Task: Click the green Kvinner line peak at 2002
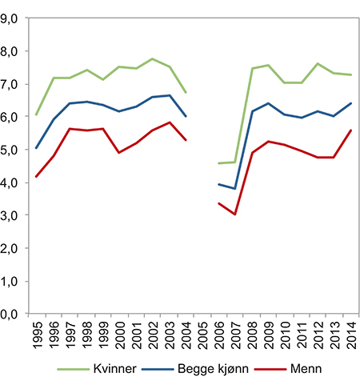[x=152, y=58]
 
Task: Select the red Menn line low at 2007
[x=235, y=215]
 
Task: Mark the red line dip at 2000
[x=118, y=152]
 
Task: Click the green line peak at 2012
[x=318, y=63]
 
